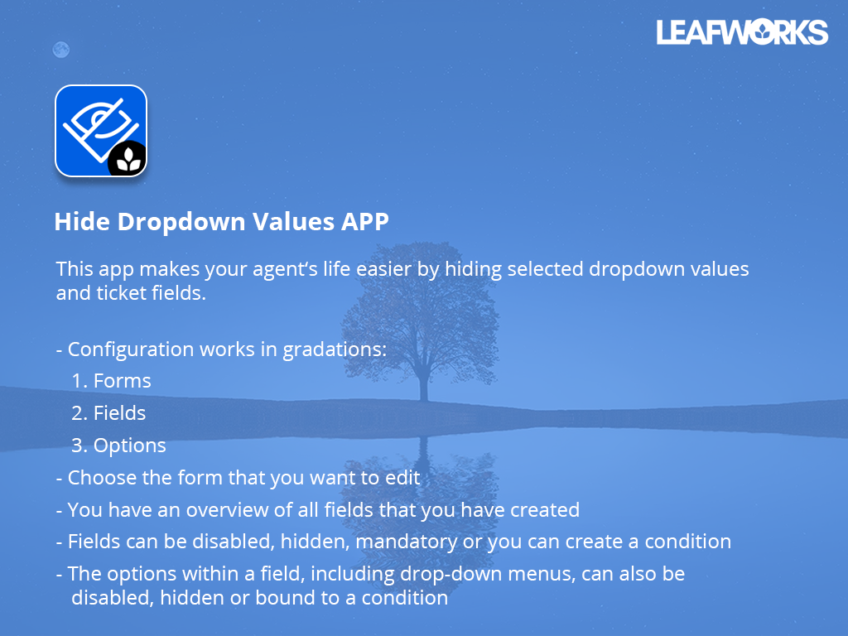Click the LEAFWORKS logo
coord(742,32)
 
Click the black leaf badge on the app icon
coord(128,159)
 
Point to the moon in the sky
coord(60,50)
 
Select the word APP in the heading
coord(364,222)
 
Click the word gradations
coord(335,349)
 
